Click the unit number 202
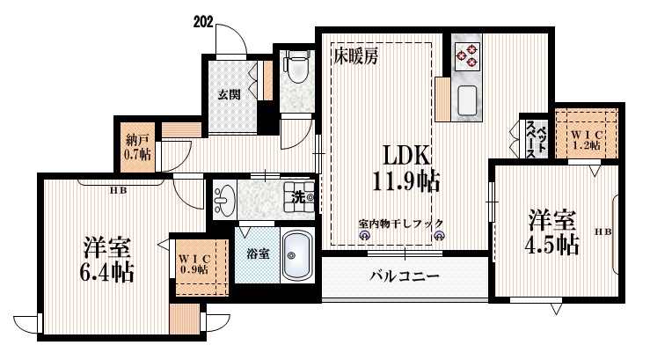click(x=201, y=20)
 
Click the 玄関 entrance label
click(x=229, y=95)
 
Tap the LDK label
click(x=405, y=155)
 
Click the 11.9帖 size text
click(x=405, y=182)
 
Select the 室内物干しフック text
click(x=400, y=223)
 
